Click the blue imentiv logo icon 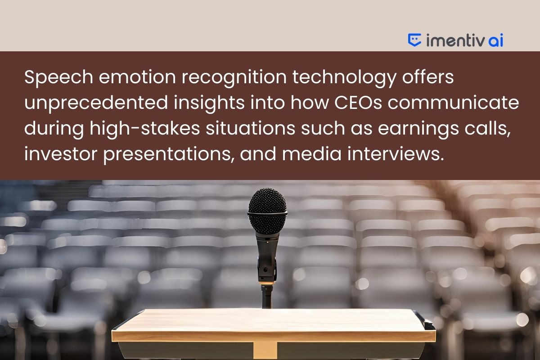[414, 40]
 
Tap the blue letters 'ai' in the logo [495, 40]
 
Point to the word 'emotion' [137, 77]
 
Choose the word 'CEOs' [358, 103]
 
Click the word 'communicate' [453, 103]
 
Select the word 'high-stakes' [144, 129]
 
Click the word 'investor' [61, 154]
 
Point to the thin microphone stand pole [267, 297]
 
